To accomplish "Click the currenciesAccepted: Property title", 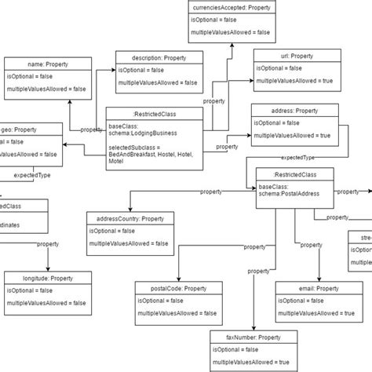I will pos(231,7).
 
